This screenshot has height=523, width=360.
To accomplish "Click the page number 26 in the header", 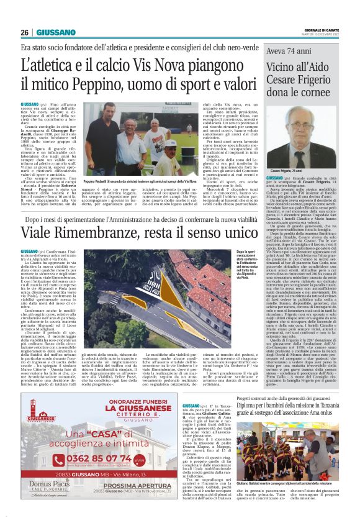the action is pos(25,32).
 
